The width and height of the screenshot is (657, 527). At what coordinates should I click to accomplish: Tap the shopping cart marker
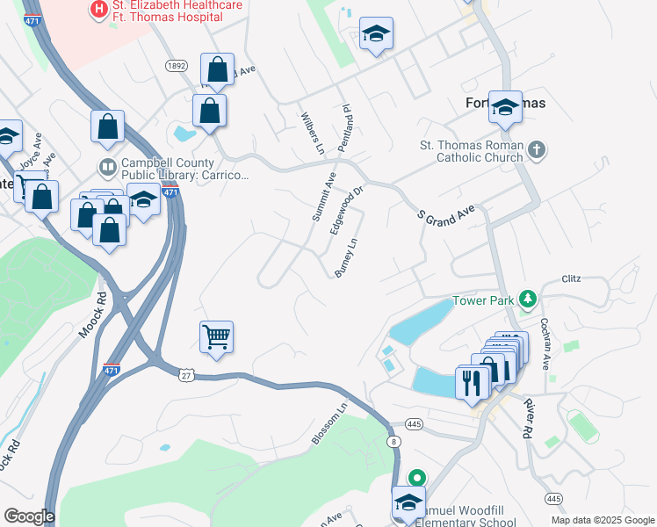click(x=217, y=336)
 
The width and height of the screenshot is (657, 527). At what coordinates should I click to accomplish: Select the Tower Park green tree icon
click(x=527, y=300)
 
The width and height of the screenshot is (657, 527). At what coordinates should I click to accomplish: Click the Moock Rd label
click(x=99, y=307)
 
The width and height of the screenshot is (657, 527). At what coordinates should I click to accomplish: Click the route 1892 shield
click(x=177, y=65)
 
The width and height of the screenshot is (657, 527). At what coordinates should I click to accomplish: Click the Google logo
click(x=29, y=516)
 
